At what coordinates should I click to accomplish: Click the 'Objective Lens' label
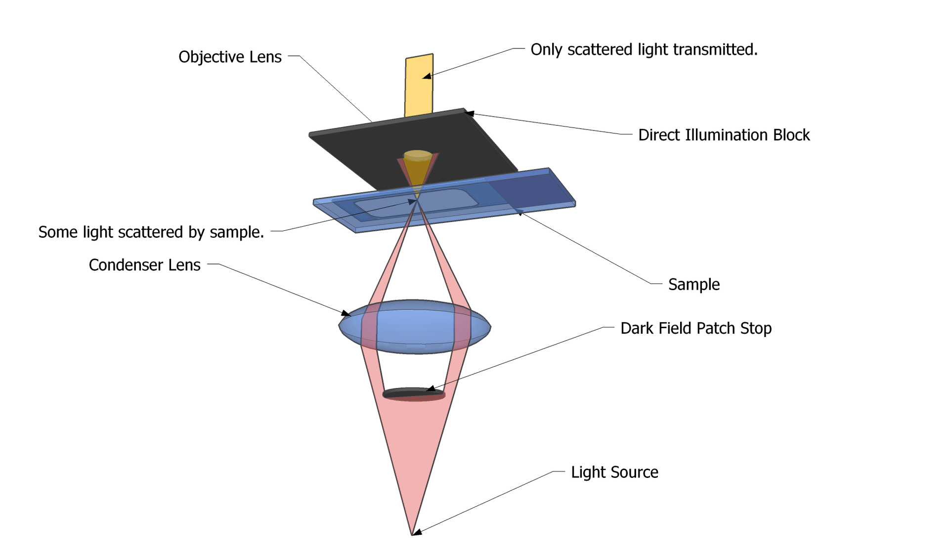point(230,57)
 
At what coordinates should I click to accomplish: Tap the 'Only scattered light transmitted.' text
point(644,49)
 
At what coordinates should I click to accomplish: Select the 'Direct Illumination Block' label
point(724,135)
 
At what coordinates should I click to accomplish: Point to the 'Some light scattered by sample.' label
point(151,232)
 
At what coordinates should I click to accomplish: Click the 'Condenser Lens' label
point(144,265)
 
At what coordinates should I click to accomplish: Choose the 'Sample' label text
point(693,284)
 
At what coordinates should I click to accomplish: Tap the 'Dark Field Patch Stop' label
point(695,328)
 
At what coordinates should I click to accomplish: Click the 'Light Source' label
point(614,472)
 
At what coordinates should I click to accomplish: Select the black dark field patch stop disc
point(413,393)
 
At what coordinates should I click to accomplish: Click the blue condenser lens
point(414,326)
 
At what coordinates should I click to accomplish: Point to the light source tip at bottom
point(412,533)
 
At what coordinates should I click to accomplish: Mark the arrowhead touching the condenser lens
point(345,313)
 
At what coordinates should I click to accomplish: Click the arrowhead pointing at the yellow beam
point(427,77)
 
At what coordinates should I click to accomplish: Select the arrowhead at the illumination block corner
point(469,114)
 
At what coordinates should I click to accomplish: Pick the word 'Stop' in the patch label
point(756,328)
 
